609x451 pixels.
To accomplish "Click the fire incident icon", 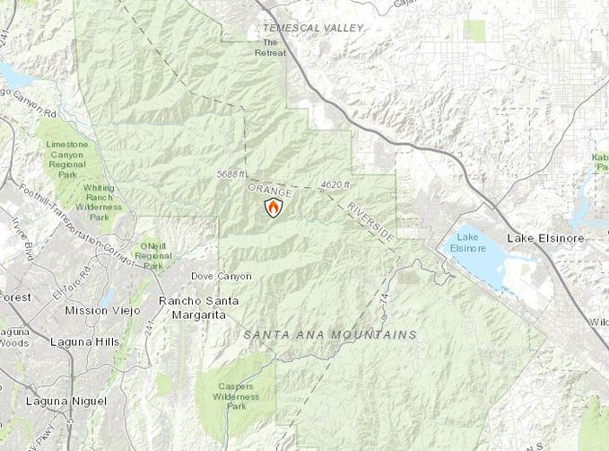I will pos(274,208).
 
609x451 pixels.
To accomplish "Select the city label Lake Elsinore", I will pos(545,238).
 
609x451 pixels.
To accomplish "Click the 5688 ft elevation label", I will pos(231,174).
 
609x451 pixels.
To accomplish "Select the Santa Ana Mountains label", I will pos(330,334).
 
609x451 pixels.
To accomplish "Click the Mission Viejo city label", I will pos(99,310).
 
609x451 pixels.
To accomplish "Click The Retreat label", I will pos(274,48).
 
